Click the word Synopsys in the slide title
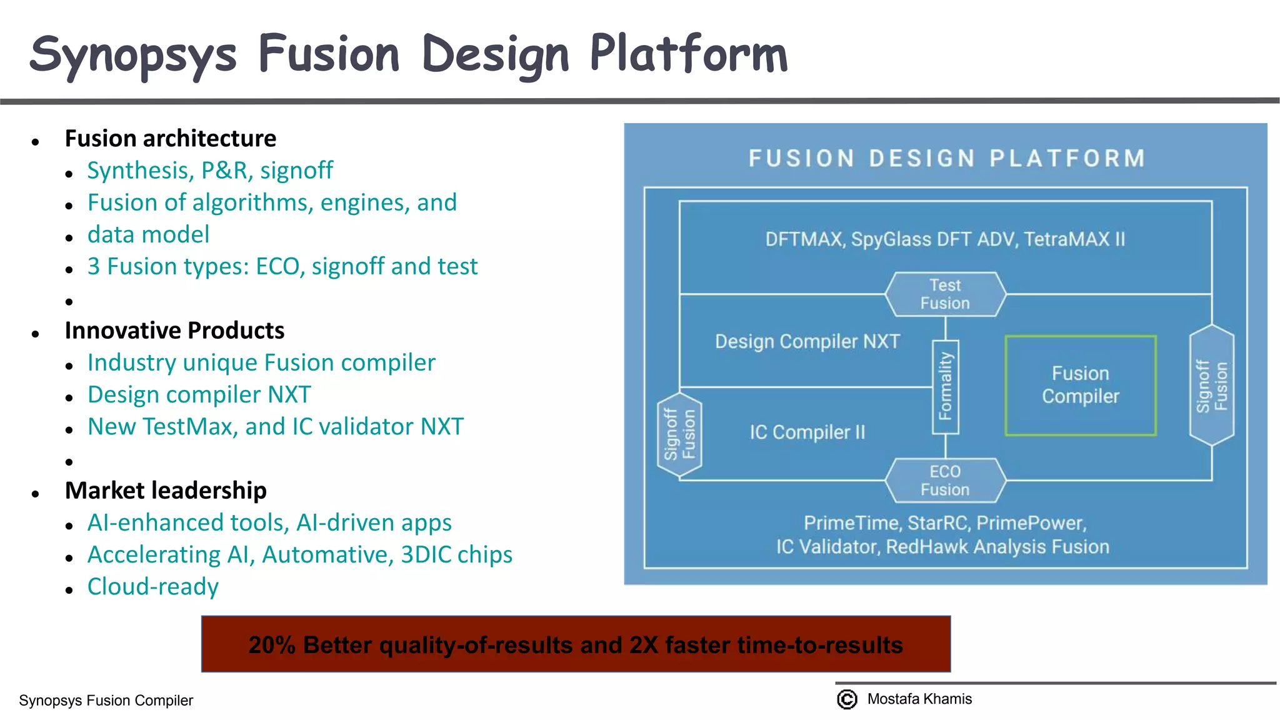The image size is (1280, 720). pyautogui.click(x=132, y=55)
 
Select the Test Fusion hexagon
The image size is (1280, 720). pyautogui.click(x=945, y=294)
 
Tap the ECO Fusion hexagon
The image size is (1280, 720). pyautogui.click(x=945, y=481)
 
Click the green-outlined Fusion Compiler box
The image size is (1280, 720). pyautogui.click(x=1080, y=385)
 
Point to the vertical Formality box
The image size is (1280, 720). pyautogui.click(x=945, y=386)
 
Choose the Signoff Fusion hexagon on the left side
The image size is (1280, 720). pyautogui.click(x=679, y=434)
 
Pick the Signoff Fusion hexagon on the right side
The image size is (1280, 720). pyautogui.click(x=1211, y=386)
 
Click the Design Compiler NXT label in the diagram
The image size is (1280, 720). pyautogui.click(x=807, y=342)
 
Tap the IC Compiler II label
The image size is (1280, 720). pyautogui.click(x=807, y=432)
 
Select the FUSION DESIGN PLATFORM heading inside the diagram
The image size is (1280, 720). pyautogui.click(x=946, y=158)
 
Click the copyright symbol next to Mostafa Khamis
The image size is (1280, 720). pyautogui.click(x=847, y=699)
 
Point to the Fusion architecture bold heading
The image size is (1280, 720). pyautogui.click(x=170, y=138)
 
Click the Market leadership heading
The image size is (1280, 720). pyautogui.click(x=166, y=490)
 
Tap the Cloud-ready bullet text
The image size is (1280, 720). pyautogui.click(x=153, y=586)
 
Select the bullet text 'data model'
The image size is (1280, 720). pyautogui.click(x=148, y=234)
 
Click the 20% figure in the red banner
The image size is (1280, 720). pyautogui.click(x=272, y=644)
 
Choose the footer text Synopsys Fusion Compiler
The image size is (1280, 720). pyautogui.click(x=106, y=700)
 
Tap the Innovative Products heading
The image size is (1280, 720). pyautogui.click(x=174, y=330)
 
